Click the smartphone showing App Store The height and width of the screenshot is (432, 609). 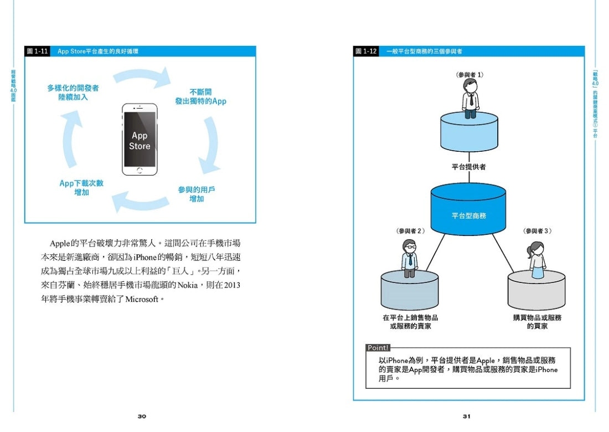click(x=140, y=140)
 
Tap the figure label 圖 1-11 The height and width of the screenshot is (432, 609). click(x=38, y=51)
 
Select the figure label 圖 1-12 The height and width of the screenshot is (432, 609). click(x=366, y=51)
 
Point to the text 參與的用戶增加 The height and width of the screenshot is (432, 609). click(x=197, y=194)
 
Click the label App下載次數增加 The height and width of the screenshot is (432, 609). click(x=81, y=188)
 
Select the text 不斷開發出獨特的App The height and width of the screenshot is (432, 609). click(x=200, y=97)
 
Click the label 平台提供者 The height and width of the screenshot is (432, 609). click(x=468, y=167)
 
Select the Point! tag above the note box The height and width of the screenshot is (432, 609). click(x=378, y=348)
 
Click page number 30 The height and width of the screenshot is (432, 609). click(x=142, y=416)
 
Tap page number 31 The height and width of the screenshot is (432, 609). click(x=467, y=416)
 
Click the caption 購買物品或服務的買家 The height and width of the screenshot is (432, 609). click(x=537, y=322)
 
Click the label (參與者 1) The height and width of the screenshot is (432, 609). click(x=469, y=74)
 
